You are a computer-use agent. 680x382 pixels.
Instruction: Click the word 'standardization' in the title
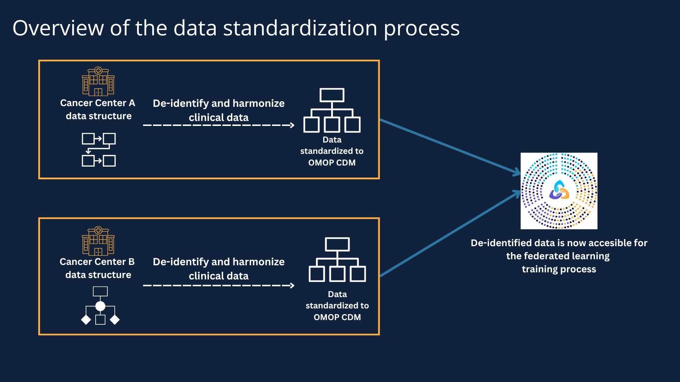(300, 28)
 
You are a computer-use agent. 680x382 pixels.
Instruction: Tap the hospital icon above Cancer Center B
(98, 241)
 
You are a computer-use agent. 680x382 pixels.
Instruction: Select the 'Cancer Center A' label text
(97, 103)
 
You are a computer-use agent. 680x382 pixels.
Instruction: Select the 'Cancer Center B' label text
(97, 262)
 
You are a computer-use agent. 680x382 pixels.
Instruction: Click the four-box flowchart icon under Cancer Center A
(99, 150)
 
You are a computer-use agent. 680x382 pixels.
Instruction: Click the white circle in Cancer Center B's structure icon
(100, 306)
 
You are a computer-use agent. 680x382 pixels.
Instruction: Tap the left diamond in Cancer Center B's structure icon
(86, 320)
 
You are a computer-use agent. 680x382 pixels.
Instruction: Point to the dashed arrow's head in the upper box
(292, 125)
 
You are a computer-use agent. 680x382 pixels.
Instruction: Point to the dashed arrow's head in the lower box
(292, 285)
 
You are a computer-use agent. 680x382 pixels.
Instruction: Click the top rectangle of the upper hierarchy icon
(332, 95)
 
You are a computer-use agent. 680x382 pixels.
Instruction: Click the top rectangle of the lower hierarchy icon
(337, 244)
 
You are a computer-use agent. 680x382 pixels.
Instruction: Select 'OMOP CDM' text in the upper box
(332, 163)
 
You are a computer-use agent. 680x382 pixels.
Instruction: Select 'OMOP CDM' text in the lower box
(337, 317)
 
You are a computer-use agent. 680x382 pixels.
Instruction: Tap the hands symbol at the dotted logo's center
(559, 191)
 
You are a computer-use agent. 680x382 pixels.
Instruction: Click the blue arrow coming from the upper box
(450, 146)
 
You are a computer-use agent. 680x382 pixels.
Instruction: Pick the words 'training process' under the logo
(559, 269)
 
